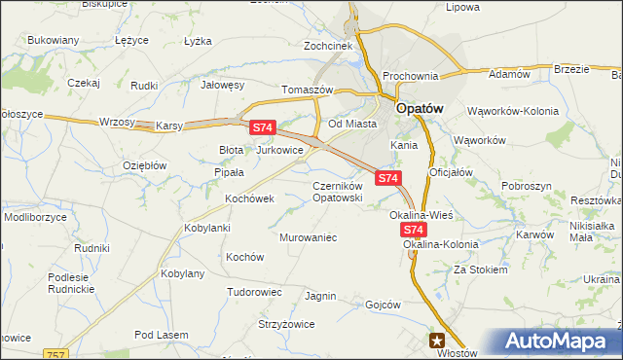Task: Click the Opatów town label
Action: (x=420, y=110)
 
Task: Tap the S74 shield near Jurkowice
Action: (x=263, y=127)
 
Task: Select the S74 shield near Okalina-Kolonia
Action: (x=414, y=230)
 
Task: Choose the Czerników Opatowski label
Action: (x=337, y=191)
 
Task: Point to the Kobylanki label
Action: (x=206, y=228)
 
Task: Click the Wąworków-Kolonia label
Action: (x=513, y=111)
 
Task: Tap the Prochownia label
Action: (x=412, y=76)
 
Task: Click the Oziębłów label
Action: (x=144, y=165)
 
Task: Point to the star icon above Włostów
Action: (x=438, y=340)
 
